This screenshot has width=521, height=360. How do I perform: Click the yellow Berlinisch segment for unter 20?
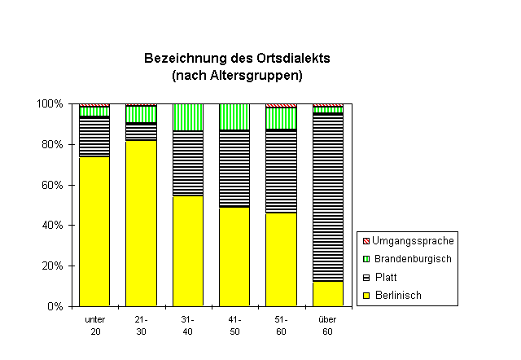[94, 231]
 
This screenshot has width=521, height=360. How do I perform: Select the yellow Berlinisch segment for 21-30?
[141, 223]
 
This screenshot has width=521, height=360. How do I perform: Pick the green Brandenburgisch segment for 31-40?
[188, 117]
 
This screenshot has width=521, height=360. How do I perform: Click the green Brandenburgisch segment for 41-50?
[234, 116]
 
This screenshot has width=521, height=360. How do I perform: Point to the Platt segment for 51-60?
[281, 172]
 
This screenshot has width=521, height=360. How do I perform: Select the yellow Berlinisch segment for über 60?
[328, 293]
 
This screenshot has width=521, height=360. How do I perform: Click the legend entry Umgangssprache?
[413, 240]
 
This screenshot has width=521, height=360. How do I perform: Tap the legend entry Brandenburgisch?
[412, 258]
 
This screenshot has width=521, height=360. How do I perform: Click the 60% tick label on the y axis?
[53, 185]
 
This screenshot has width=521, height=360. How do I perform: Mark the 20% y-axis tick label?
[53, 266]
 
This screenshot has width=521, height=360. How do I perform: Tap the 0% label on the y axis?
[55, 306]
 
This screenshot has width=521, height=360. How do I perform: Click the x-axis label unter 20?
[94, 325]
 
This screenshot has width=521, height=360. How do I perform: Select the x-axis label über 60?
[328, 325]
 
